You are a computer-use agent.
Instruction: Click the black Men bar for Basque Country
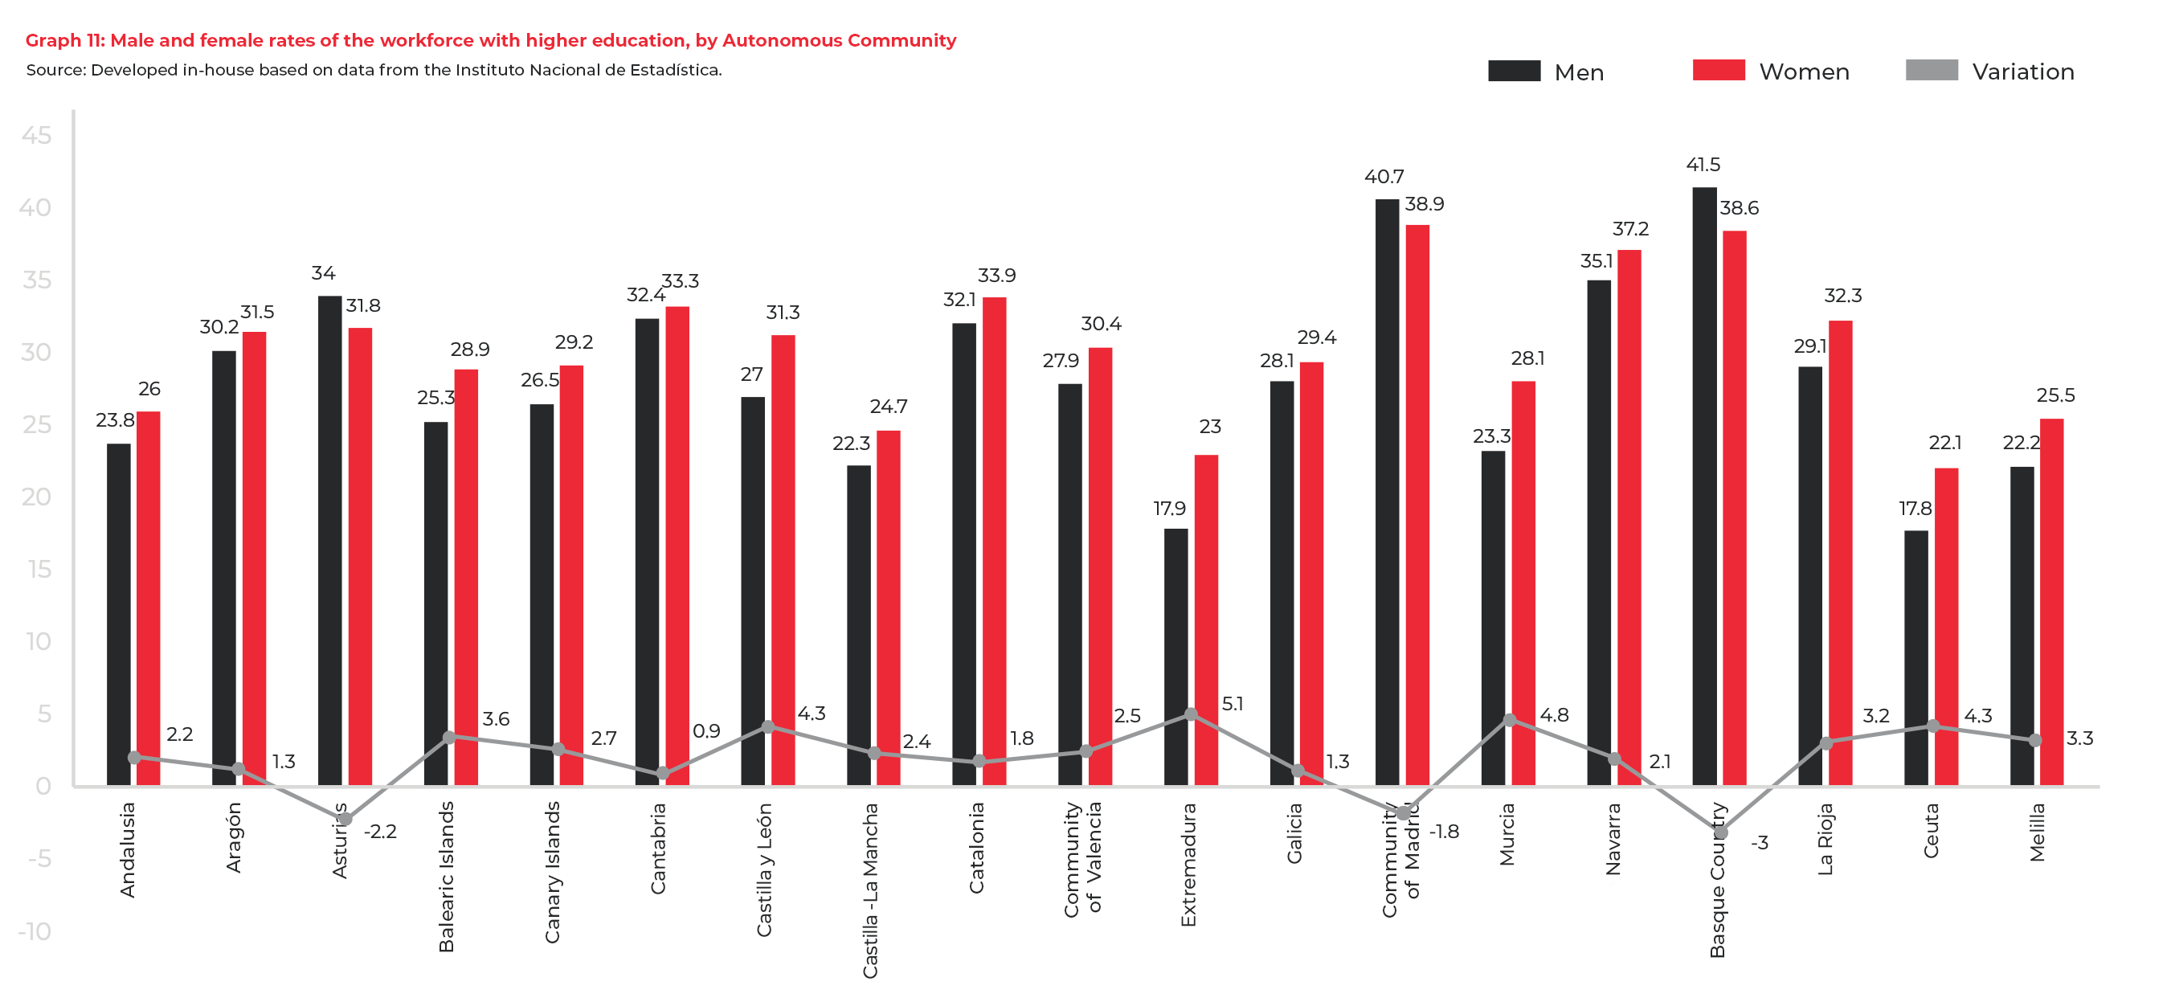[1704, 489]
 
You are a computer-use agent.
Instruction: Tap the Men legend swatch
[1514, 71]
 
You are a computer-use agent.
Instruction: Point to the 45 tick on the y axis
[36, 135]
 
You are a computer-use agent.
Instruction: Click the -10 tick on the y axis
[35, 931]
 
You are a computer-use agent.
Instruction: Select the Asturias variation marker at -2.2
[345, 819]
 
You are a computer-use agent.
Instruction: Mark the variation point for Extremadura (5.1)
[1190, 714]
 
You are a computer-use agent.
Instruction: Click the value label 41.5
[1703, 165]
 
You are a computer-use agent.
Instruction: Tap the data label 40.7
[1384, 177]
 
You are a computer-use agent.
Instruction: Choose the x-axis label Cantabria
[658, 848]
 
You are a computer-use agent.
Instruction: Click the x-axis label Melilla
[2037, 832]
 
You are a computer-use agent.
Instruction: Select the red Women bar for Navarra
[1629, 518]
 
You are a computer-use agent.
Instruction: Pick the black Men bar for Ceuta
[1915, 657]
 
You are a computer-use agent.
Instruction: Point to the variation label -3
[1759, 843]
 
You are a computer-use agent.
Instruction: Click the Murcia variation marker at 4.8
[1510, 720]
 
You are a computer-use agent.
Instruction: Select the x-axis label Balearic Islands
[447, 877]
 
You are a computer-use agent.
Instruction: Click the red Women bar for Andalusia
[149, 599]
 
